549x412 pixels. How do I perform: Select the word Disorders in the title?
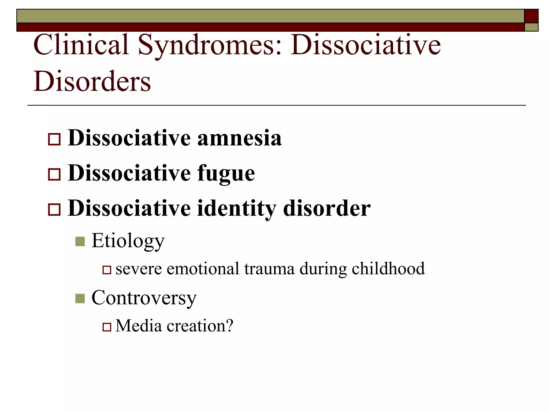tap(92, 81)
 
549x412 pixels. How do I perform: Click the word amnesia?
tap(239, 138)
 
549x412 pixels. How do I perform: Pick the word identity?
tap(237, 209)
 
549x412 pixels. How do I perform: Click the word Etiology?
tap(128, 241)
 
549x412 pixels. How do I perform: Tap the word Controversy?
tap(144, 298)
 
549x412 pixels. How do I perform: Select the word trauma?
tap(269, 268)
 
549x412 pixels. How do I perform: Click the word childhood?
tap(388, 268)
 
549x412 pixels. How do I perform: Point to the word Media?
tap(139, 326)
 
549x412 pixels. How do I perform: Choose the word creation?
tap(200, 326)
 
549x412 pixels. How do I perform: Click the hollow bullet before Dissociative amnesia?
tap(54, 139)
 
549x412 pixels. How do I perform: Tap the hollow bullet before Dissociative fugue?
tap(54, 175)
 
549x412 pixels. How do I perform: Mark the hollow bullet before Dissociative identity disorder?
tap(54, 209)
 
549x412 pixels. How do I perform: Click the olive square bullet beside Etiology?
tap(80, 241)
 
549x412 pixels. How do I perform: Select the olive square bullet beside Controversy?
tap(80, 298)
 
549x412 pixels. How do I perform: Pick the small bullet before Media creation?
tap(107, 327)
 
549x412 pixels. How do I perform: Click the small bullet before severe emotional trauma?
tap(107, 270)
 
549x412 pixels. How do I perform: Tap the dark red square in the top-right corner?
tap(531, 16)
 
